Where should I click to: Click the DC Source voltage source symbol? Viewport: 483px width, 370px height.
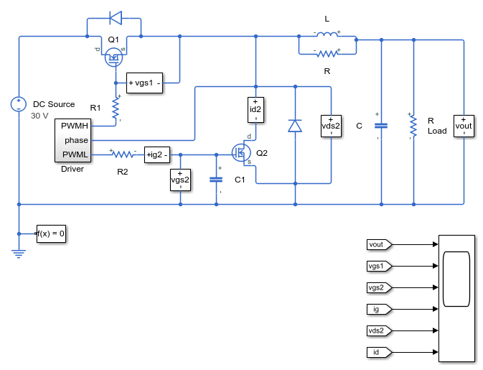[x=19, y=104]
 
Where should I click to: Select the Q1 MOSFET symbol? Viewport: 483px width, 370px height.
[x=113, y=57]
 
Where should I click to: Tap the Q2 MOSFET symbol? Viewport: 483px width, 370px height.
[x=241, y=152]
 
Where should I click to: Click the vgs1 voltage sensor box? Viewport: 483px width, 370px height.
[x=144, y=83]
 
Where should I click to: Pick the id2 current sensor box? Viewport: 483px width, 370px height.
[x=255, y=110]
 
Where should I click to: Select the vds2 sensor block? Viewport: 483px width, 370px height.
[x=331, y=126]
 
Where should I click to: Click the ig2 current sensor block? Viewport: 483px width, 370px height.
[x=157, y=154]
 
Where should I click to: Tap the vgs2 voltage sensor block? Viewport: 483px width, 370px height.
[x=181, y=180]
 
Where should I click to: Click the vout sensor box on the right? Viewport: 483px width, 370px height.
[x=464, y=126]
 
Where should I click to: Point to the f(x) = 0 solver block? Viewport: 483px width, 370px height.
[x=51, y=233]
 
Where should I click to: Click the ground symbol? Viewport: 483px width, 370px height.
[x=19, y=254]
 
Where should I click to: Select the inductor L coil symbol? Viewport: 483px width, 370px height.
[x=327, y=34]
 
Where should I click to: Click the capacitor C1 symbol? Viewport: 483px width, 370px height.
[x=216, y=180]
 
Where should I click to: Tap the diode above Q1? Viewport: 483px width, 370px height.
[x=116, y=18]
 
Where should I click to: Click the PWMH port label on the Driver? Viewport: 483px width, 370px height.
[x=75, y=126]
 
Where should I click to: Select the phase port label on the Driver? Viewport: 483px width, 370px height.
[x=76, y=140]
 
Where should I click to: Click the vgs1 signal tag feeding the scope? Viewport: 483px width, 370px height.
[x=379, y=266]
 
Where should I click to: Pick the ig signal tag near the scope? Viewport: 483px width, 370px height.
[x=379, y=309]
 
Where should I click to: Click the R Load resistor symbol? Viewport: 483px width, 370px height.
[x=413, y=126]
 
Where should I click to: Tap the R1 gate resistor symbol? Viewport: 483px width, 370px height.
[x=116, y=108]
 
